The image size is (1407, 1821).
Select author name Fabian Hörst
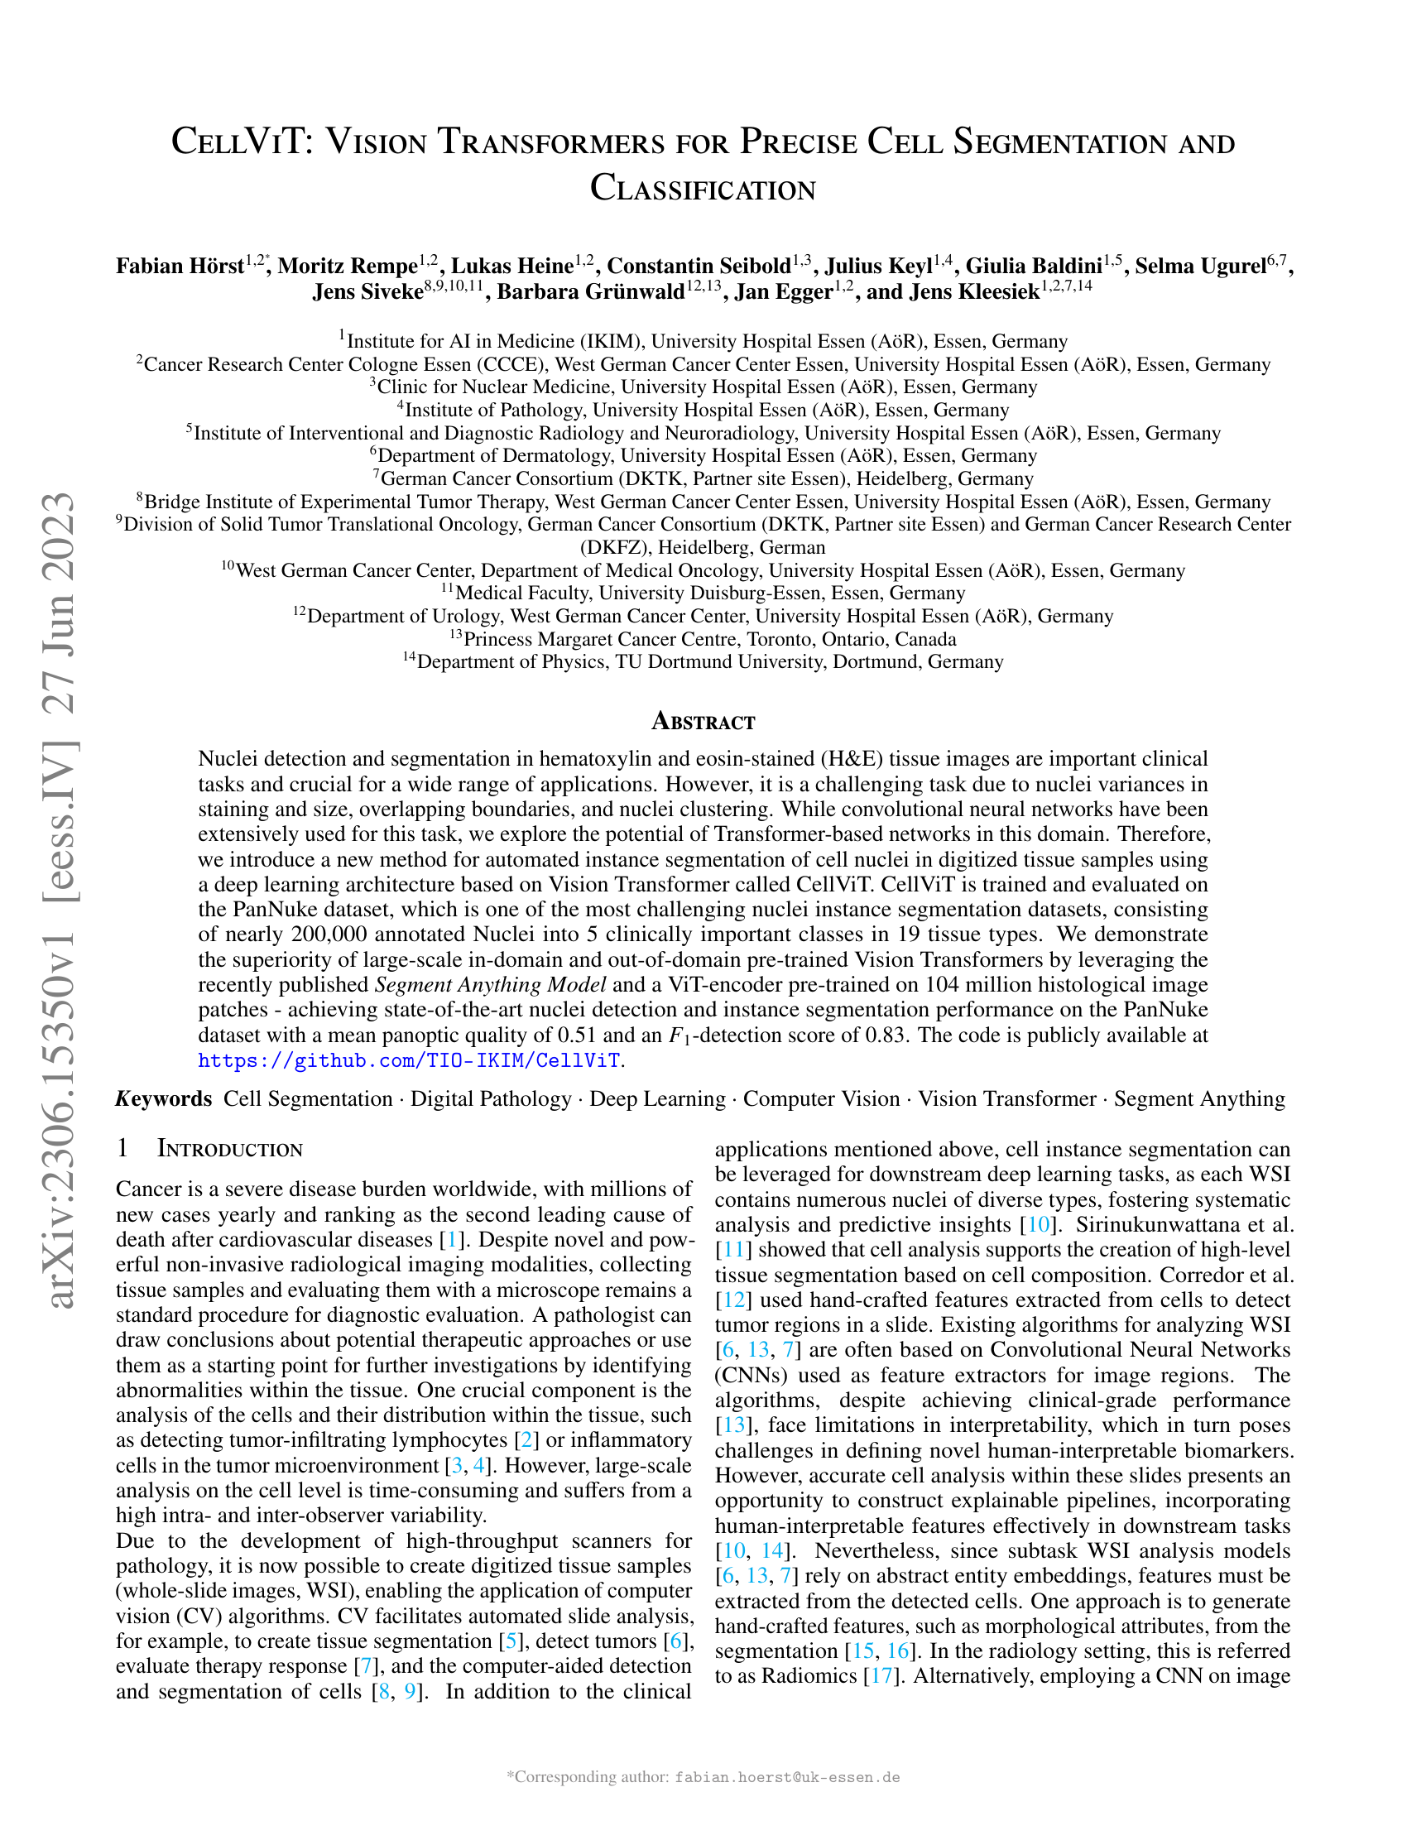point(180,266)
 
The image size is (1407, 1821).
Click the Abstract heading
point(703,721)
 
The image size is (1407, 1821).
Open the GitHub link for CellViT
point(409,1060)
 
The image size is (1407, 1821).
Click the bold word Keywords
point(164,1099)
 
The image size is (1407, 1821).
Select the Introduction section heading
point(229,1149)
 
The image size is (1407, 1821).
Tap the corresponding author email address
point(787,1777)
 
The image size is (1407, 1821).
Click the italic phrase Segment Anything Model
point(490,985)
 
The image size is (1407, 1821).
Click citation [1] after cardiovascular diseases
point(451,1240)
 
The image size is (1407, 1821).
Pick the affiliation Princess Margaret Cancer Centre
point(708,640)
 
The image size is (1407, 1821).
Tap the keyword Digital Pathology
point(491,1099)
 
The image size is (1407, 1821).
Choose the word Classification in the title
point(703,189)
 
